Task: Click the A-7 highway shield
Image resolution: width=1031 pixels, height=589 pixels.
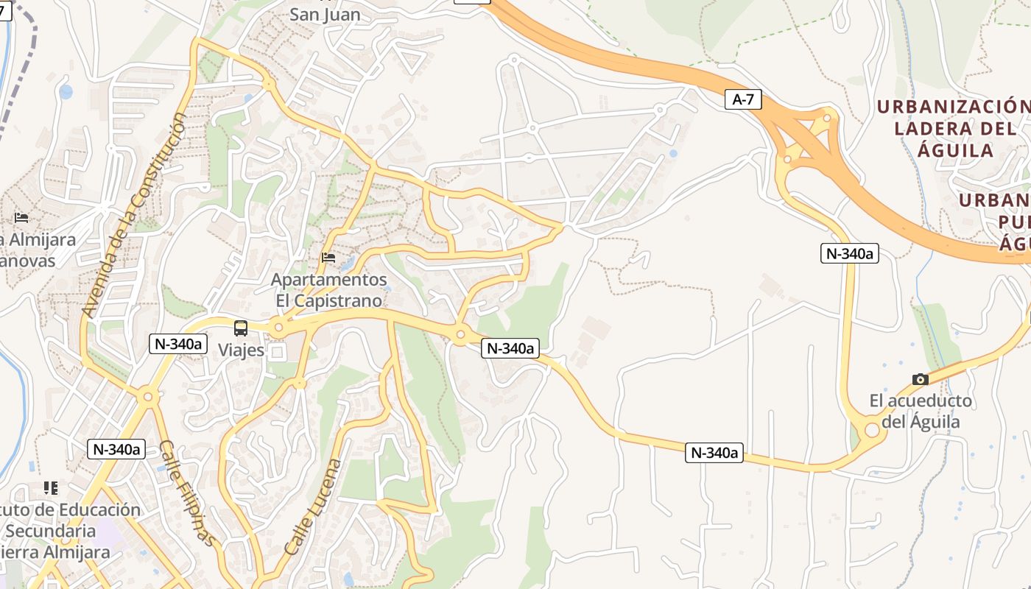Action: [743, 99]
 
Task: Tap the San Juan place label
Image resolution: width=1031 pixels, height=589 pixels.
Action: [325, 14]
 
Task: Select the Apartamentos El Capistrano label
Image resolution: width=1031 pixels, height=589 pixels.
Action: [329, 290]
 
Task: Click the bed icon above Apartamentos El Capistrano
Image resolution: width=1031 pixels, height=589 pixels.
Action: [328, 258]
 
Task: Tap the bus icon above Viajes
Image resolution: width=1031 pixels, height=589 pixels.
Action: [241, 328]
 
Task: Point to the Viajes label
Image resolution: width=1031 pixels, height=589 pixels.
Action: [241, 350]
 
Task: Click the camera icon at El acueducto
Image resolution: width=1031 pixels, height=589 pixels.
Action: [920, 379]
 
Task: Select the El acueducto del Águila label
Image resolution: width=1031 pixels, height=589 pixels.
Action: [921, 412]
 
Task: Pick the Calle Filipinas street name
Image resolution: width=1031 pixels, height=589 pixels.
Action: [189, 494]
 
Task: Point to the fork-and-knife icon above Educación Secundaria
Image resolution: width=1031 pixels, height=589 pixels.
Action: [50, 487]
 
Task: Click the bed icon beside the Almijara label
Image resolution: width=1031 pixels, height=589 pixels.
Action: [21, 218]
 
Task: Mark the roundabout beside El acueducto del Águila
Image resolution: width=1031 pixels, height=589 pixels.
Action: [872, 429]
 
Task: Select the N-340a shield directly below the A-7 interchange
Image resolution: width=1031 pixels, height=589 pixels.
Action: [850, 253]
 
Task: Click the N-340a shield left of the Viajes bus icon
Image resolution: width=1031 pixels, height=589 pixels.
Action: [177, 343]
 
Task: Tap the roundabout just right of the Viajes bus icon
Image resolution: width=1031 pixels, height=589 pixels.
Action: [278, 327]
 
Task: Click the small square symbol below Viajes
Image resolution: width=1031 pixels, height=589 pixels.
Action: [278, 353]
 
